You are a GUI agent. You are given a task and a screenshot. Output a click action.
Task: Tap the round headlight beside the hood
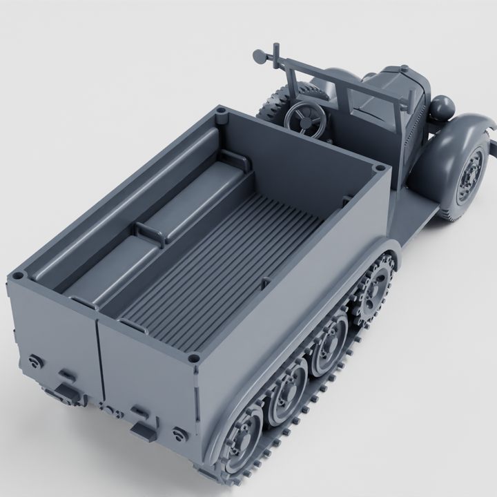coord(442,107)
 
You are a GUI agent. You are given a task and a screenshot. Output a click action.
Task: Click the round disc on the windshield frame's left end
coord(260,55)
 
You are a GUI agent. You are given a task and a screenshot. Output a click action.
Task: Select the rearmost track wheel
coord(242,435)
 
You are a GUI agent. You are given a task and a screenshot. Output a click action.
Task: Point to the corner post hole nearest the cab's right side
coord(379,168)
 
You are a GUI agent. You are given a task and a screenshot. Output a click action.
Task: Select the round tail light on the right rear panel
coord(180,433)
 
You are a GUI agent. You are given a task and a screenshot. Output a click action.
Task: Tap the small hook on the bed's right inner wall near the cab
coord(346,202)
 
